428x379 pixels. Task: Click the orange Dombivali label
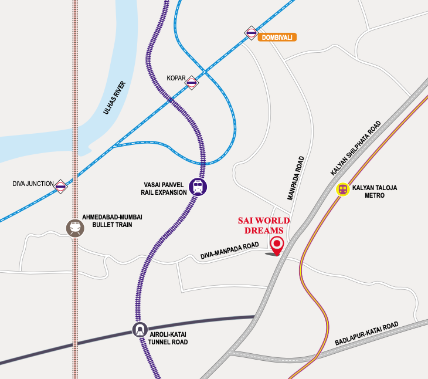[x=277, y=37]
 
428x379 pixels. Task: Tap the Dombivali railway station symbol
[x=251, y=33]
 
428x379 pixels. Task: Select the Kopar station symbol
[x=191, y=83]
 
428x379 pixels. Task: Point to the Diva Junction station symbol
[x=60, y=187]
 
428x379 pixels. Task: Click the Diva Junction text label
[x=33, y=184]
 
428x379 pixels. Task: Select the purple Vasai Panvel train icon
[x=199, y=188]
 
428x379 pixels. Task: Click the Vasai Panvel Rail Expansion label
[x=164, y=188]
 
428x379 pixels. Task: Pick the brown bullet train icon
[x=74, y=228]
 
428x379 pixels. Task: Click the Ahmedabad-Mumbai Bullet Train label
[x=113, y=221]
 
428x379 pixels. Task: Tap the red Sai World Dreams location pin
[x=277, y=245]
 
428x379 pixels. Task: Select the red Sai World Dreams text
[x=264, y=226]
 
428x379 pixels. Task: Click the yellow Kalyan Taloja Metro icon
[x=342, y=189]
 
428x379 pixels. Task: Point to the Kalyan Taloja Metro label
[x=375, y=191]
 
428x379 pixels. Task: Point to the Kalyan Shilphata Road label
[x=356, y=148]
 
